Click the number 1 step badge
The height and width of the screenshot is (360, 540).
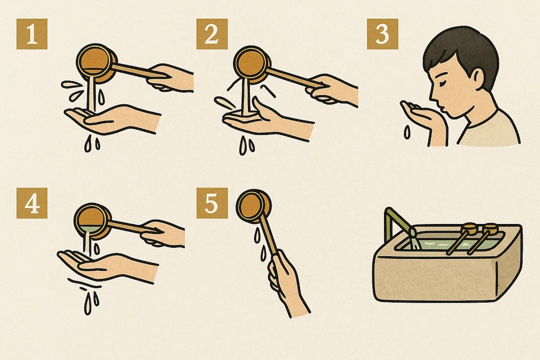click(32, 34)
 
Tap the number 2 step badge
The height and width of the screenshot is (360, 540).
click(212, 34)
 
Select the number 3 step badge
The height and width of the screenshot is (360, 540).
click(382, 34)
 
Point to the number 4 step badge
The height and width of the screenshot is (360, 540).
click(32, 203)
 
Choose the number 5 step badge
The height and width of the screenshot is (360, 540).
click(212, 203)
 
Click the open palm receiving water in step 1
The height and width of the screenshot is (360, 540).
click(110, 119)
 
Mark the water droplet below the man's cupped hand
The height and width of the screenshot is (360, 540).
click(407, 132)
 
